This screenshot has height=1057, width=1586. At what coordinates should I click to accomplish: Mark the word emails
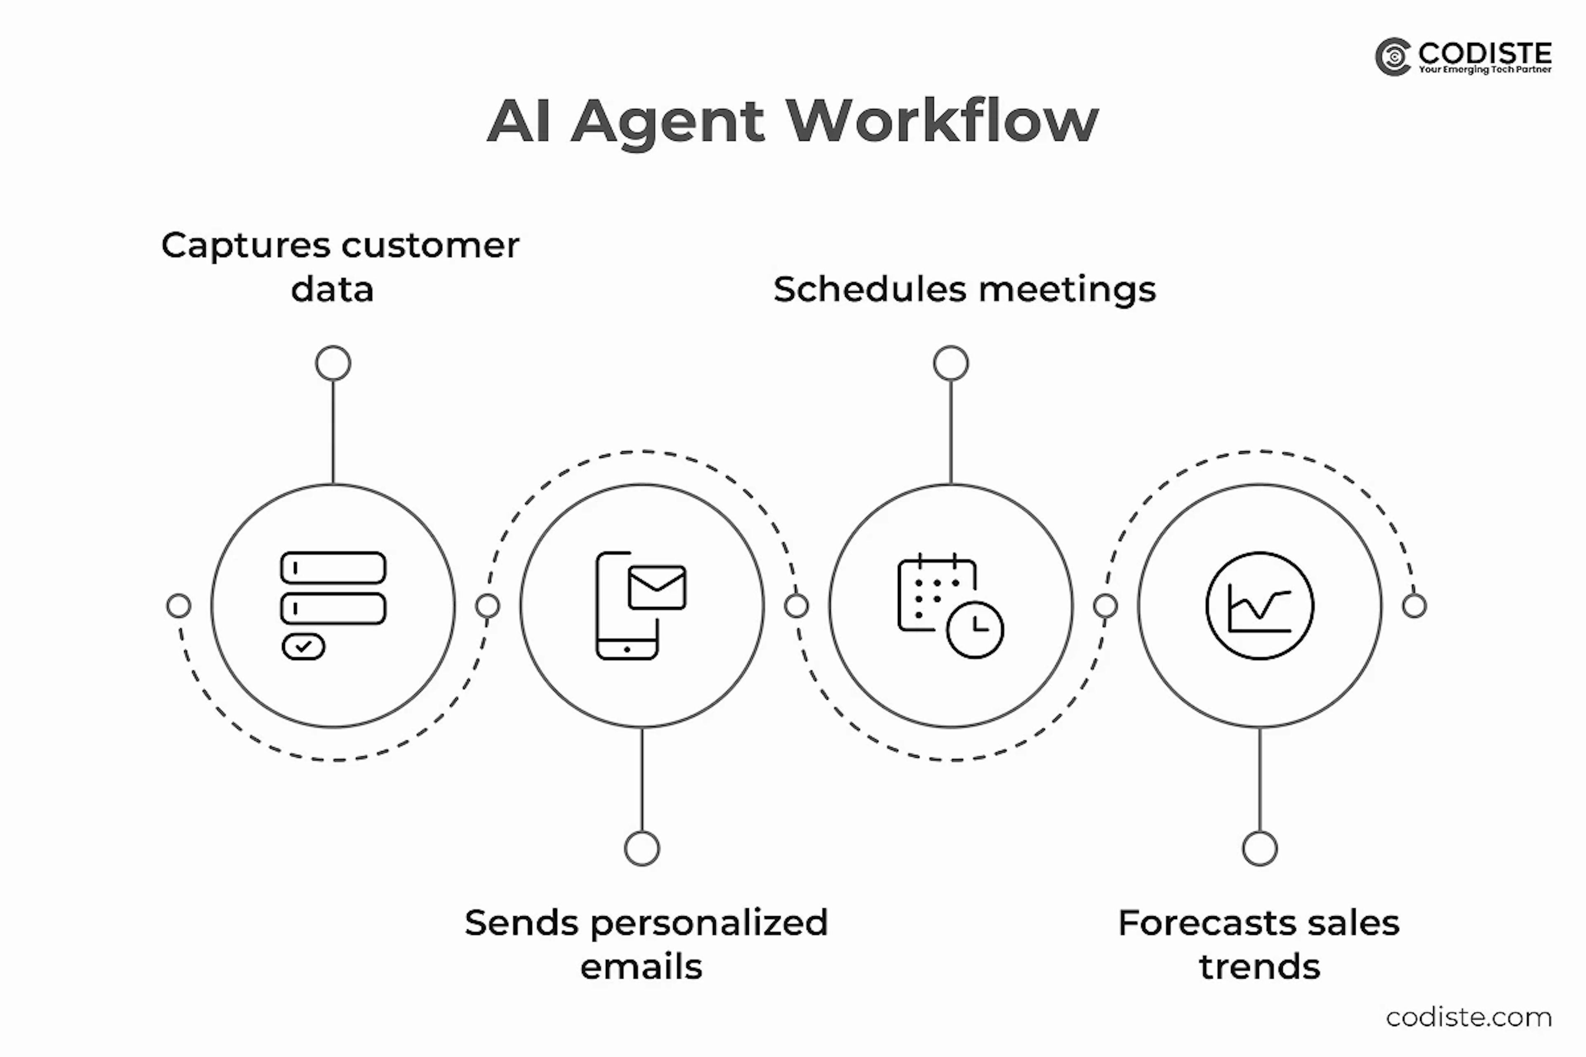click(641, 967)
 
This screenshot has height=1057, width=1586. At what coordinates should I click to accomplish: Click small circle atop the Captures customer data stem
click(333, 363)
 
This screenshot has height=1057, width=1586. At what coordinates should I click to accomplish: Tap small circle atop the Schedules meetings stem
click(951, 363)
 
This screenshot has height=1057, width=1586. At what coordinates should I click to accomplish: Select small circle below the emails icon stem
click(642, 848)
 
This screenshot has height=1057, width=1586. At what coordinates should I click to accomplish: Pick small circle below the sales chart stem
click(1260, 848)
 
